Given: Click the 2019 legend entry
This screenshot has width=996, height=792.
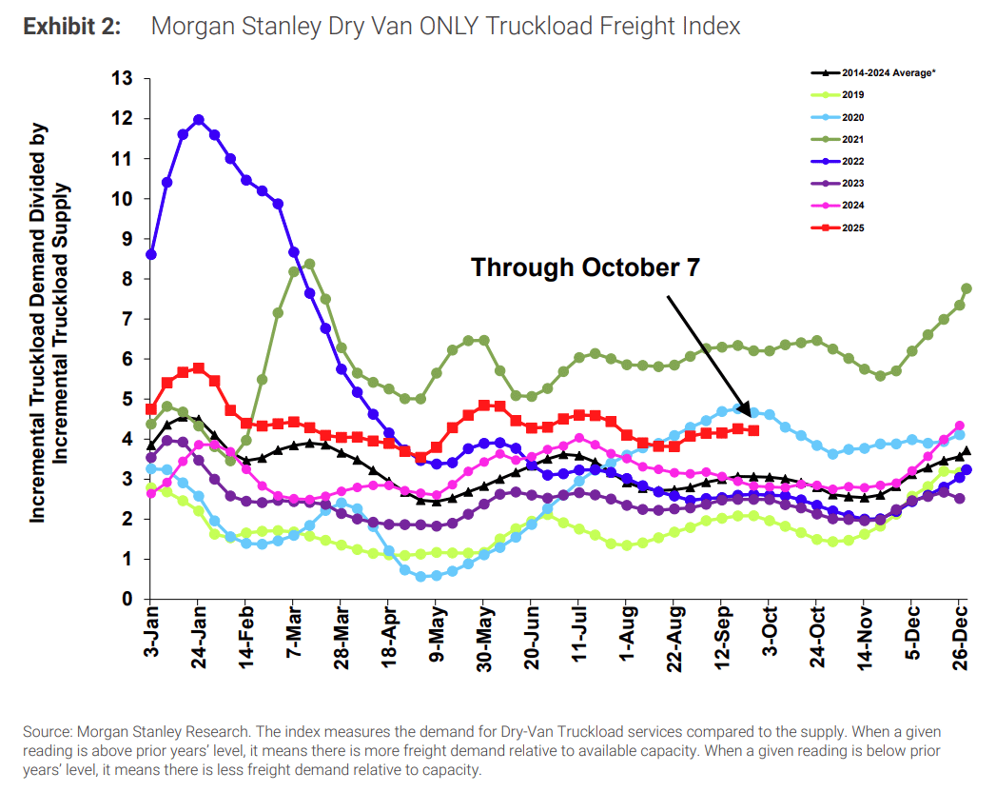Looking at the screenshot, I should (x=852, y=94).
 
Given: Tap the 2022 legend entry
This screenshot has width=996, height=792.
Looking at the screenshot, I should (x=852, y=160).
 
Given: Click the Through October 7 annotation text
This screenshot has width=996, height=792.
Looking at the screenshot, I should (x=585, y=267).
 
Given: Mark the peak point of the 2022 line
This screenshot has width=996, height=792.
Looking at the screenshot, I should (x=199, y=120).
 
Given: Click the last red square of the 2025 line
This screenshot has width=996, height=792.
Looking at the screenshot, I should (x=753, y=430).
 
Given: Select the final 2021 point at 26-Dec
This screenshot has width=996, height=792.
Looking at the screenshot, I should (x=966, y=288).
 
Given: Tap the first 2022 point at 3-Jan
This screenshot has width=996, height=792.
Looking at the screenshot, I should (x=151, y=254).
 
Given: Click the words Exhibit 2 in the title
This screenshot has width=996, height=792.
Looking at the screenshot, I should (x=71, y=27).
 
